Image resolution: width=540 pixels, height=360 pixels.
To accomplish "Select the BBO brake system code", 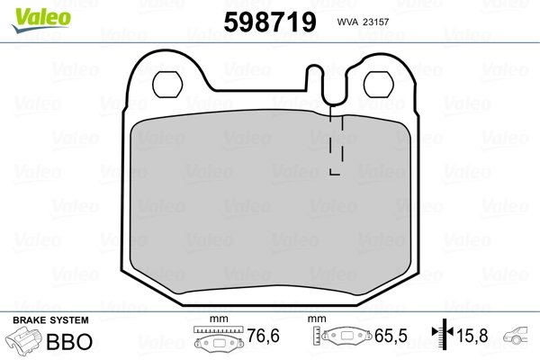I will tap(74, 343).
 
